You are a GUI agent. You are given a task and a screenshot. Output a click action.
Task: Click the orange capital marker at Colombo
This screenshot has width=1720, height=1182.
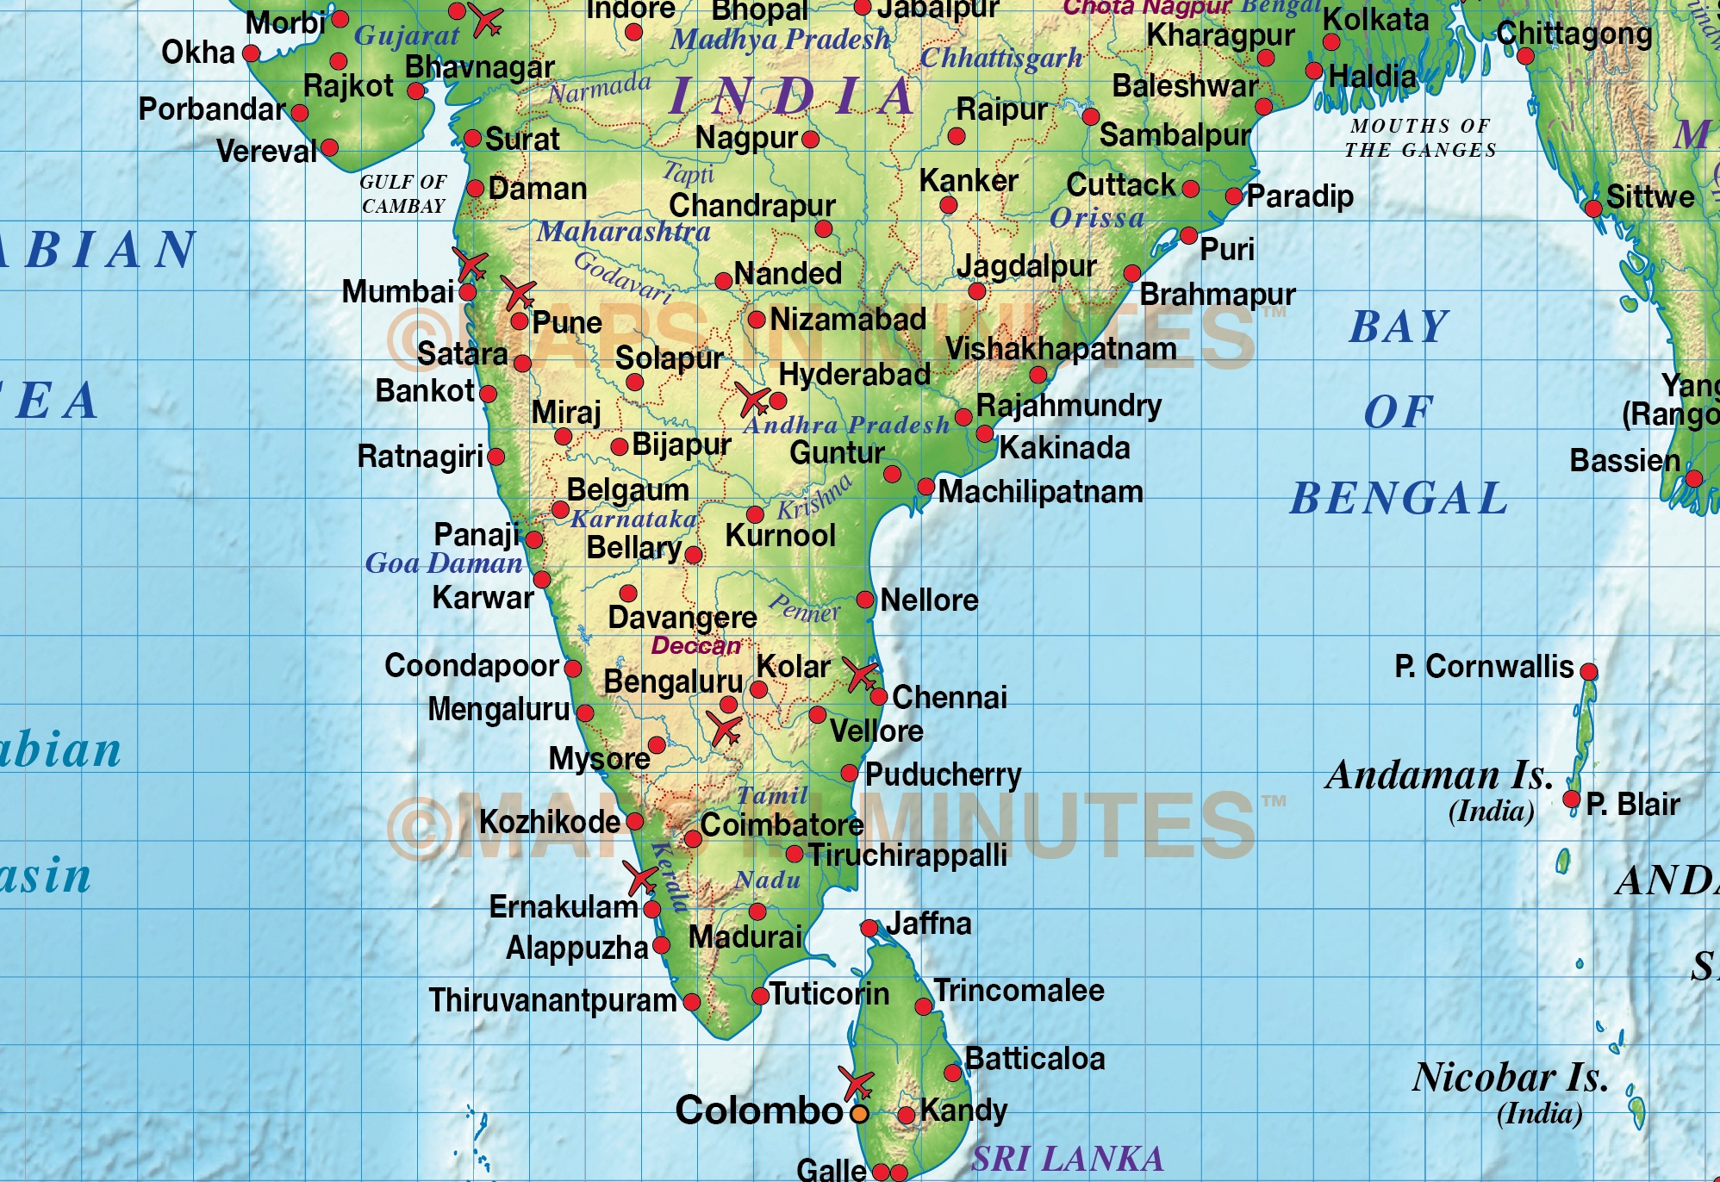(x=859, y=1113)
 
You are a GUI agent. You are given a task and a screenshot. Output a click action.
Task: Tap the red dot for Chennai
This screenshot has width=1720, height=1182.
(x=878, y=696)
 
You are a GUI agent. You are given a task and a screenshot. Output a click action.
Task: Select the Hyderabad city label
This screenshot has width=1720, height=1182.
(x=854, y=375)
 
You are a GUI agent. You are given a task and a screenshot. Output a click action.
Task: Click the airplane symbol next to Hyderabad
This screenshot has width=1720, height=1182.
(x=752, y=400)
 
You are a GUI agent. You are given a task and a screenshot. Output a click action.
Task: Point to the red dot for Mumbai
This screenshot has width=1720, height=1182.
(x=467, y=292)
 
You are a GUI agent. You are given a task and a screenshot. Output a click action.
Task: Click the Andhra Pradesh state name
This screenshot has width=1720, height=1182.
(x=846, y=425)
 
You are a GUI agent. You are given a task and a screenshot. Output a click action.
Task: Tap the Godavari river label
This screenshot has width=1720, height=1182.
(x=623, y=276)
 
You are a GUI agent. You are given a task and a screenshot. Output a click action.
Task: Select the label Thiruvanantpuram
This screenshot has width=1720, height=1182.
(x=552, y=1000)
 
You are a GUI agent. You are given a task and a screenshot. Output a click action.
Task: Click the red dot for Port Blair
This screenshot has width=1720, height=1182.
(x=1572, y=799)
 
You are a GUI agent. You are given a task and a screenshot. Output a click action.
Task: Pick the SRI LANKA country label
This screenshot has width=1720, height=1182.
(x=1068, y=1159)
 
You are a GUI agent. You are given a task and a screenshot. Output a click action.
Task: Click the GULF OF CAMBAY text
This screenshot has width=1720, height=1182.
(x=403, y=194)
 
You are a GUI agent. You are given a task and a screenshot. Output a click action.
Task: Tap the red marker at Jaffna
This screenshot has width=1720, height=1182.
(x=869, y=928)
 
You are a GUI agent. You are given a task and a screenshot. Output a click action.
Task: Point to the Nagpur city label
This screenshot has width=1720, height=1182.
(x=746, y=138)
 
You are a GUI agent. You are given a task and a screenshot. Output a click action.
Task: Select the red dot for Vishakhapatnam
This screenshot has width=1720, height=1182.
(x=1038, y=375)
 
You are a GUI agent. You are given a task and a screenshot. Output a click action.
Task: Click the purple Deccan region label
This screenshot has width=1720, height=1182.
(x=695, y=645)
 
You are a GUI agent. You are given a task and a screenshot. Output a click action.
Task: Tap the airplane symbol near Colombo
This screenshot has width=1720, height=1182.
(x=857, y=1084)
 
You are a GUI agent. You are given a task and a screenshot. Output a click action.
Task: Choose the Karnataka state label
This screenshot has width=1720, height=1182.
(x=633, y=519)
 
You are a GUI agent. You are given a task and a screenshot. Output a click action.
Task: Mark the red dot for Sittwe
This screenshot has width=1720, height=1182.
(x=1593, y=208)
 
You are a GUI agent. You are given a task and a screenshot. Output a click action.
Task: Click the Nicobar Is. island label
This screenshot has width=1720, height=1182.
(x=1510, y=1078)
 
